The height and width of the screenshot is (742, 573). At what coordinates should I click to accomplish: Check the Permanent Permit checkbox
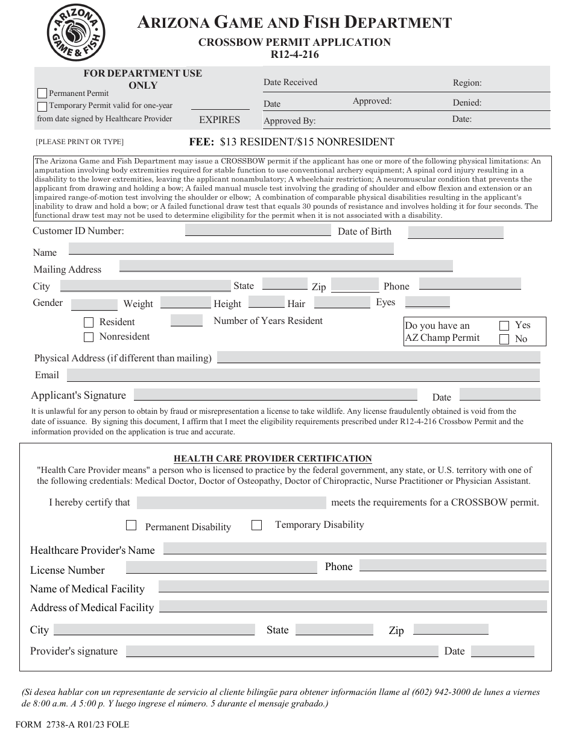[x=42, y=94]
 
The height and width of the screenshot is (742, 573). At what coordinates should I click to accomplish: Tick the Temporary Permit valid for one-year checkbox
[x=42, y=106]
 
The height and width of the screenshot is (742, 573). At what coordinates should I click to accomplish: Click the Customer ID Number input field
[x=258, y=230]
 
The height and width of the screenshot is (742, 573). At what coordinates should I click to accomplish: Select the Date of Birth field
[x=455, y=232]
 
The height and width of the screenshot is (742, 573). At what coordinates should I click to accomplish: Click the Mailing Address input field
[x=286, y=266]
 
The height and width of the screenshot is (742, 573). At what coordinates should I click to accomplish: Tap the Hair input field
[x=342, y=302]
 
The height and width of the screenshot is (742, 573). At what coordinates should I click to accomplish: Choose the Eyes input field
[x=428, y=302]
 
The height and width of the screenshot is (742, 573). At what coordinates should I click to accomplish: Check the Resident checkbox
[x=89, y=322]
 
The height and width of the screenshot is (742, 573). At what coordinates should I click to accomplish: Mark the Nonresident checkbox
[x=89, y=337]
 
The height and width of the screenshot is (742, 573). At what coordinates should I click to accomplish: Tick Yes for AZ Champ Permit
[x=504, y=326]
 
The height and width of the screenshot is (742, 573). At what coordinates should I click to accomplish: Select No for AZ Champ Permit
[x=504, y=340]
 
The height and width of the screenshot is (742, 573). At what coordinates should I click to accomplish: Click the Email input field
[x=303, y=375]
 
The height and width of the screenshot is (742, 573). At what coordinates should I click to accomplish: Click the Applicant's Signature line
[x=275, y=395]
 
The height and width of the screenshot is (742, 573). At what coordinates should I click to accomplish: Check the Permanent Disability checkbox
[x=131, y=525]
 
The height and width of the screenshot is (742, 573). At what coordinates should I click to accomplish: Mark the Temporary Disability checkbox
[x=256, y=525]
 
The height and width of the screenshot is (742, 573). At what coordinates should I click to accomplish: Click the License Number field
[x=221, y=568]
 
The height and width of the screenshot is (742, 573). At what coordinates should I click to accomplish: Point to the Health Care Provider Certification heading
[x=273, y=458]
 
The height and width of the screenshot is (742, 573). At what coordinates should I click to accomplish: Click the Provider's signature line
[x=282, y=652]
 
